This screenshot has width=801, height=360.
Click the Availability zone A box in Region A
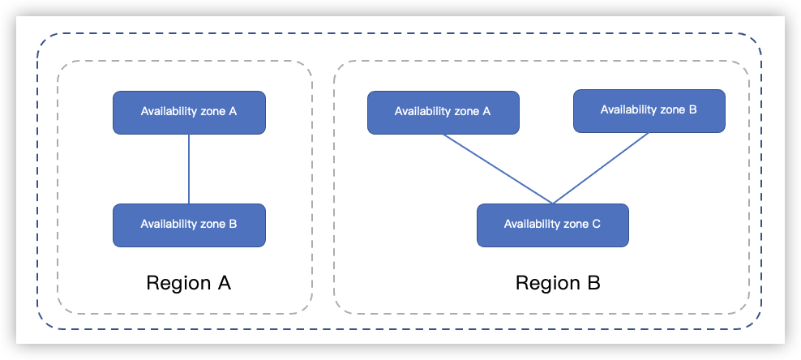[x=189, y=112]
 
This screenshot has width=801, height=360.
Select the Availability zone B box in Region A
[x=189, y=225]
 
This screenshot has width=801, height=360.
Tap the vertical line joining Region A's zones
[x=189, y=169]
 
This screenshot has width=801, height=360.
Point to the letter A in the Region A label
[x=222, y=284]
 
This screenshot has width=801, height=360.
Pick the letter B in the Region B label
[x=592, y=284]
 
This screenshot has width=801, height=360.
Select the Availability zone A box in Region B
[x=443, y=112]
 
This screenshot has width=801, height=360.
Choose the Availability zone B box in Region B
[x=649, y=110]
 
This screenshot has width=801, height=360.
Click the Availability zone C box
[x=552, y=225]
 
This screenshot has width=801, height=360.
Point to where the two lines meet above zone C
[x=553, y=204]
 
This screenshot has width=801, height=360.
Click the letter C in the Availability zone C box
[x=596, y=224]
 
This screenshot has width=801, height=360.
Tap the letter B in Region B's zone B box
[x=692, y=109]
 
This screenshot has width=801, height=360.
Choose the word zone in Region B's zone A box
[x=466, y=111]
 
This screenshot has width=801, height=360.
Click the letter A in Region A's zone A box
[x=233, y=111]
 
